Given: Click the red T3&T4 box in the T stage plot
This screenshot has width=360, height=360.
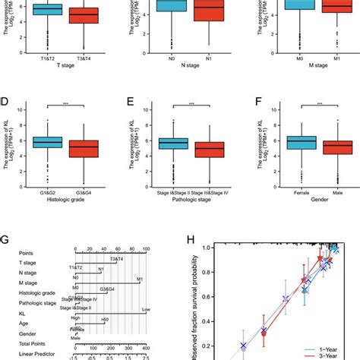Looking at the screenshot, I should click(84, 15).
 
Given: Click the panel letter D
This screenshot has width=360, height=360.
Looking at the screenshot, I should click(5, 99).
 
